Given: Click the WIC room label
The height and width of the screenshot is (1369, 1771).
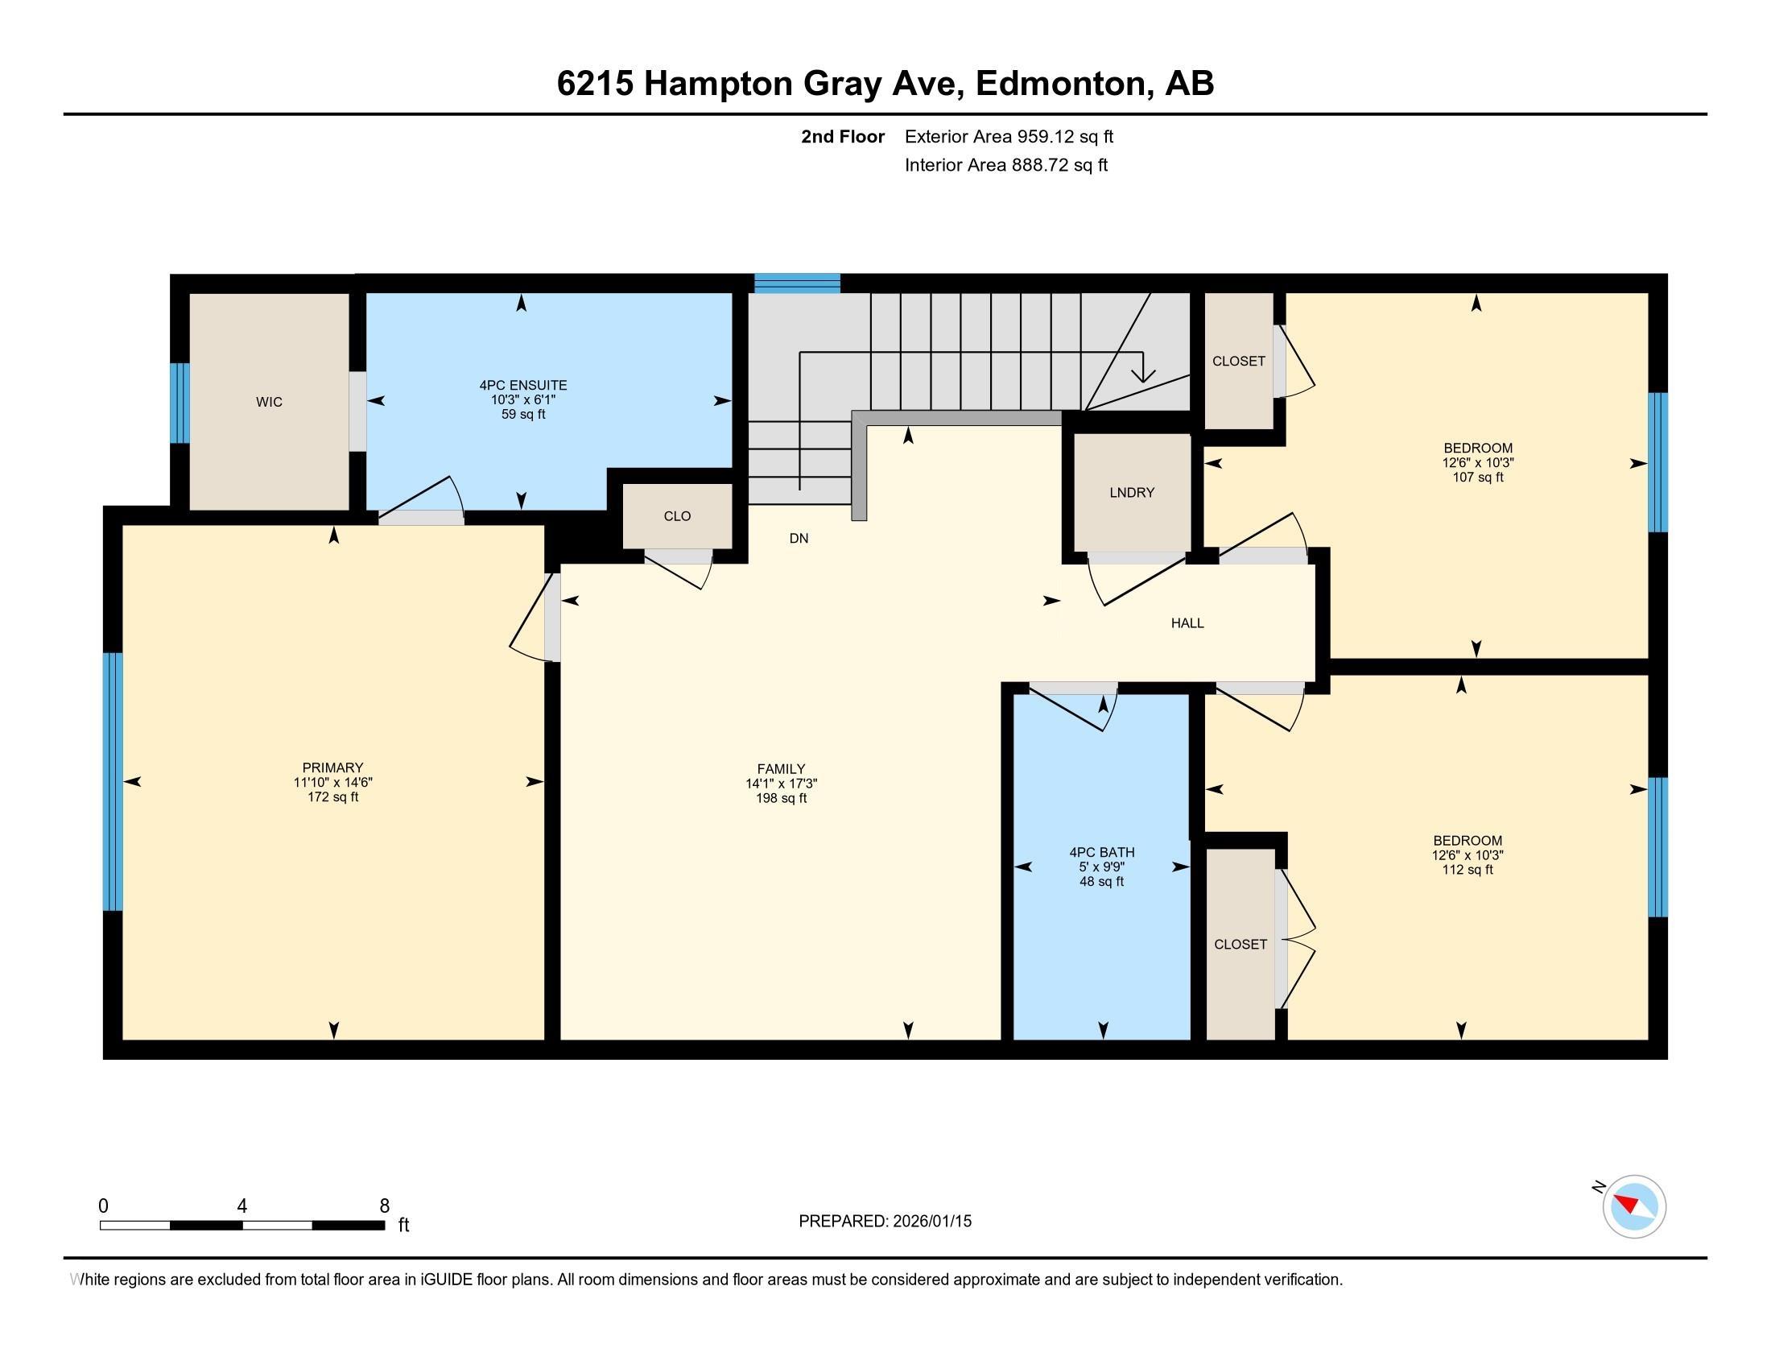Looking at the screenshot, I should (269, 403).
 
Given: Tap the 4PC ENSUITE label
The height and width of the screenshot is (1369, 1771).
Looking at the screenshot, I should (523, 386).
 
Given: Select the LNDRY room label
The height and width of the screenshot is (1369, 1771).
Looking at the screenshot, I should (1131, 492).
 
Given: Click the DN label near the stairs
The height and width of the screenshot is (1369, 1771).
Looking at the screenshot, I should (799, 539).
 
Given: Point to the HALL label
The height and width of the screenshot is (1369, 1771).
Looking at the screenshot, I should (1187, 623).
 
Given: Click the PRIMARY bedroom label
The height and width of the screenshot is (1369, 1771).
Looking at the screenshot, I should (332, 768).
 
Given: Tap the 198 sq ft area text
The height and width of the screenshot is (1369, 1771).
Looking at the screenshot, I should (781, 799).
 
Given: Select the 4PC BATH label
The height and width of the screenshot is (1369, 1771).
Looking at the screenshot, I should (1101, 852).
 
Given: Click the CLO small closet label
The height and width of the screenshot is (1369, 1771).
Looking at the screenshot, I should (677, 517).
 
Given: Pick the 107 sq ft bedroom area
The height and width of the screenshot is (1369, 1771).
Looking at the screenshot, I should (1477, 478).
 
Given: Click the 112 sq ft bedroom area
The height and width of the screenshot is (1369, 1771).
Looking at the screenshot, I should (1467, 871).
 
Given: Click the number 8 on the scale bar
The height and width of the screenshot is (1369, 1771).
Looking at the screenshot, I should (384, 1206).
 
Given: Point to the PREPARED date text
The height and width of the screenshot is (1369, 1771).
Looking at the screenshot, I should (885, 1222).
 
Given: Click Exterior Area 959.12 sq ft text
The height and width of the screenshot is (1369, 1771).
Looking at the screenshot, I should (1009, 137).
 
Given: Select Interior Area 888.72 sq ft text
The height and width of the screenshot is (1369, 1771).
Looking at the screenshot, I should (1005, 165).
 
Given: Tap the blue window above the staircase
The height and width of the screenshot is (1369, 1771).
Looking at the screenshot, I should (797, 283).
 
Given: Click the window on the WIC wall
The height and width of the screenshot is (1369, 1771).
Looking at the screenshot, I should (180, 403).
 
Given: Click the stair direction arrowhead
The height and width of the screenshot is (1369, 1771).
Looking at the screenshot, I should (1143, 374).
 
